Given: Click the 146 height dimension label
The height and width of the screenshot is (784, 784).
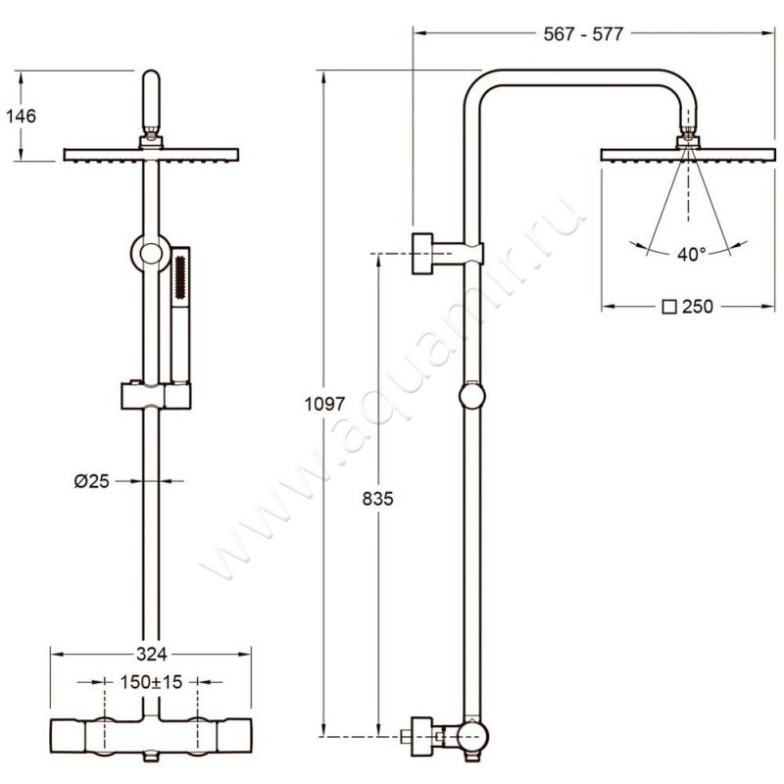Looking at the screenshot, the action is [21, 116].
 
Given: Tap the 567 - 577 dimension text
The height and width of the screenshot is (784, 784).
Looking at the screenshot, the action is [583, 34].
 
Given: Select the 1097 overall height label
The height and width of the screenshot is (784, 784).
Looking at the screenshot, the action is [325, 404].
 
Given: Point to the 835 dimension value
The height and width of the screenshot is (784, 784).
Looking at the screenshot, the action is [378, 499].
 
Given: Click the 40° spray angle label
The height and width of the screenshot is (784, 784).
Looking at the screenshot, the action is [692, 255].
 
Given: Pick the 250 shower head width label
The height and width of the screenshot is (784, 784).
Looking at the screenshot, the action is [698, 306].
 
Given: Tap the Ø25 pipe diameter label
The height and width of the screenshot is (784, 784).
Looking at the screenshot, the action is [91, 481].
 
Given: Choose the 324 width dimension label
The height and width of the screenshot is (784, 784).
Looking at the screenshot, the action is [151, 654].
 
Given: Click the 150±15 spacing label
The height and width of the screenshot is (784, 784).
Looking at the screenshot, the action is [152, 681].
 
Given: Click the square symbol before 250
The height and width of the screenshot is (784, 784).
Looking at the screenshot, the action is [669, 307].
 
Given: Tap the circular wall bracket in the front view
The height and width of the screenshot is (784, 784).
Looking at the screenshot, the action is [151, 254].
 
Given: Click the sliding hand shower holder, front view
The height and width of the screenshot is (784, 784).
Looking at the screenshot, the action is [156, 396].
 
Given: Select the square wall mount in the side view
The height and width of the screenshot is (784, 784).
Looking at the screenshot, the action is [422, 254].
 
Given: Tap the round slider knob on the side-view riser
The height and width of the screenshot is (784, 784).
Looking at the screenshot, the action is [472, 396].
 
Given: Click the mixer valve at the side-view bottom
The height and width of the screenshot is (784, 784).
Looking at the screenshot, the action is [445, 738].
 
